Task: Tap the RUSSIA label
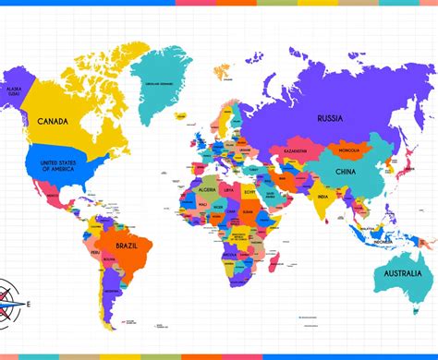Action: pos(330,118)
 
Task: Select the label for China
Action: pos(345,172)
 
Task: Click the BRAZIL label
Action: pos(128,246)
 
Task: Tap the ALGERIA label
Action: pos(208,189)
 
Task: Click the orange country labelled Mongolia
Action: pos(349,150)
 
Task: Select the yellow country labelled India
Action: pos(322,197)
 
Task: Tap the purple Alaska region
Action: pos(15,88)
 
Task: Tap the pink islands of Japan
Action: pos(405,167)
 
